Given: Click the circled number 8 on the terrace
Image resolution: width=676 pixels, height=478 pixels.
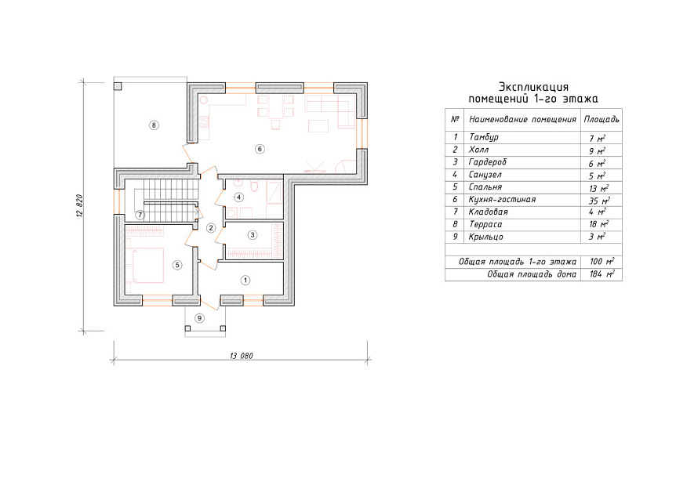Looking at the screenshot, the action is pyautogui.click(x=154, y=125).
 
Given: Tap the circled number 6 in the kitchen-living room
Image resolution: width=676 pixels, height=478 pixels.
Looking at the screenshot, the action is pyautogui.click(x=260, y=149).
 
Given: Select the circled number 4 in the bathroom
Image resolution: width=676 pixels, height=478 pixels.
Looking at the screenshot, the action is pyautogui.click(x=239, y=197).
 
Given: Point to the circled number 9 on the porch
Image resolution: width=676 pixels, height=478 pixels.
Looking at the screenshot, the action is pyautogui.click(x=199, y=318).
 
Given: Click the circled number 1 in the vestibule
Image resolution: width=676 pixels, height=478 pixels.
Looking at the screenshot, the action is pyautogui.click(x=245, y=281).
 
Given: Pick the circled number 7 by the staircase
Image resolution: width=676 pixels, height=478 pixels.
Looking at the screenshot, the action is pyautogui.click(x=140, y=215).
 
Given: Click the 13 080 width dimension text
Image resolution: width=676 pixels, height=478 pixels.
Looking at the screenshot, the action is pyautogui.click(x=242, y=356).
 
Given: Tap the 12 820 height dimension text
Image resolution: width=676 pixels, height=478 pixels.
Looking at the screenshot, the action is pyautogui.click(x=79, y=205).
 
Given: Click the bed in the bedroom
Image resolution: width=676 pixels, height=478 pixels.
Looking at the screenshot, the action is pyautogui.click(x=145, y=264).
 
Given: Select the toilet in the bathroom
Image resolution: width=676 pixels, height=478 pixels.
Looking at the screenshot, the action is pyautogui.click(x=254, y=187).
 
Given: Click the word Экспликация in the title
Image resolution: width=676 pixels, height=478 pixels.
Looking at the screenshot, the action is pyautogui.click(x=533, y=87).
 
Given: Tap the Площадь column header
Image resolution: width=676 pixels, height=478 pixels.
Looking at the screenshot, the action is pyautogui.click(x=601, y=119).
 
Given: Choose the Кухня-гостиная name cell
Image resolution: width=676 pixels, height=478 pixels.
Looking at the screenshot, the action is pyautogui.click(x=502, y=199).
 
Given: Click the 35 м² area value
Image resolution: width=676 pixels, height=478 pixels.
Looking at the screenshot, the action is pyautogui.click(x=599, y=201).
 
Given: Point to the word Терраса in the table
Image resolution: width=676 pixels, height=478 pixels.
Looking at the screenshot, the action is pyautogui.click(x=485, y=224).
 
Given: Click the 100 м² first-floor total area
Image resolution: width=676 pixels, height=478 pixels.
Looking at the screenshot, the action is pyautogui.click(x=601, y=262).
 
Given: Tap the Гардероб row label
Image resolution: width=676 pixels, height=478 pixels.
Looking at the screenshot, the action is pyautogui.click(x=488, y=162).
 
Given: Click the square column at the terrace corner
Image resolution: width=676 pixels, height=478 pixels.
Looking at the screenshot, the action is pyautogui.click(x=118, y=86).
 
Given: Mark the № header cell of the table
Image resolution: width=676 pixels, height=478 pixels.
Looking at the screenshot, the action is pyautogui.click(x=455, y=119).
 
